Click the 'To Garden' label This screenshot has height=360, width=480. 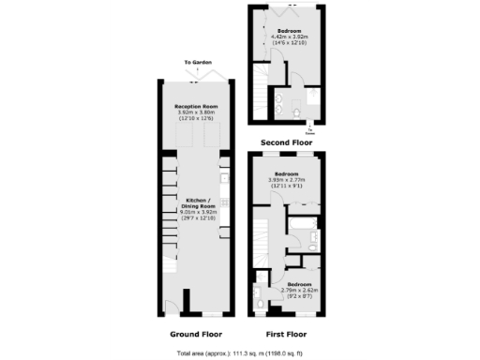click(195, 63)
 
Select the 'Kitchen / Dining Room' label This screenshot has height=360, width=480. click(197, 206)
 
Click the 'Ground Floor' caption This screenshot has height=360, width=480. click(195, 334)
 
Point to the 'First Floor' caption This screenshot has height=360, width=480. click(286, 334)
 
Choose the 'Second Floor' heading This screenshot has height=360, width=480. click(286, 142)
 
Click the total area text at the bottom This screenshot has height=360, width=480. click(240, 352)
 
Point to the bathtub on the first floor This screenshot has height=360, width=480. click(303, 226)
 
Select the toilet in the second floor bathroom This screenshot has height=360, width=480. click(296, 111)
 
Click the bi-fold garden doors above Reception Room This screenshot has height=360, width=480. click(195, 75)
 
